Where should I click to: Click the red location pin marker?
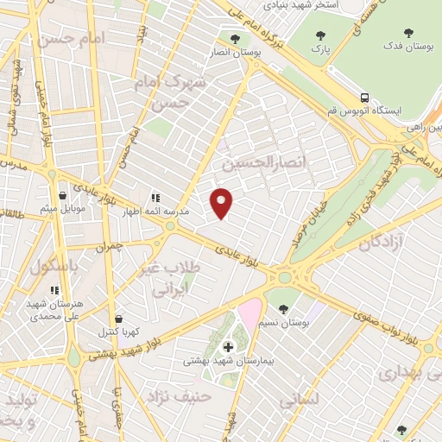click(223, 202)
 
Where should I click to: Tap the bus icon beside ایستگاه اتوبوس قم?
click(366, 98)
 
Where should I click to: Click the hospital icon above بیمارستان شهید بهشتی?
click(227, 347)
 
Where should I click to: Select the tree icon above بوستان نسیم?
click(283, 308)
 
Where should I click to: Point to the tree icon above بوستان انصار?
click(236, 38)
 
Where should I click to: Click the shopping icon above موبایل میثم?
click(60, 196)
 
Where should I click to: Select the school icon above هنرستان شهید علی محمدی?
click(54, 290)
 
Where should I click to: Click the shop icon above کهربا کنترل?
click(118, 319)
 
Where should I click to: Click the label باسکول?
click(54, 267)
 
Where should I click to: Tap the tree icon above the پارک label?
click(322, 35)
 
